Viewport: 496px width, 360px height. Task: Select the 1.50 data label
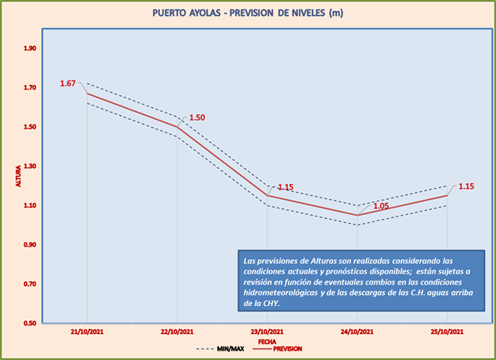click(197, 117)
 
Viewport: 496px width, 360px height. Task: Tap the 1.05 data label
click(380, 205)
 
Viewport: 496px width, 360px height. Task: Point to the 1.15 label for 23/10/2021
click(285, 187)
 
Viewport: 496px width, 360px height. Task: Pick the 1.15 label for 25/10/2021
click(466, 186)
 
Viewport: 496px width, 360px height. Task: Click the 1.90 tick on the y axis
click(30, 49)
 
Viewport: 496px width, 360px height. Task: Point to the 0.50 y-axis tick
click(30, 324)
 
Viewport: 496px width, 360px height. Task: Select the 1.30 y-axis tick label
click(30, 167)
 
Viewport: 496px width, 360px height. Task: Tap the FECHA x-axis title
click(267, 343)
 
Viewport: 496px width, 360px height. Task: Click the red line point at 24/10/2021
click(357, 215)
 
